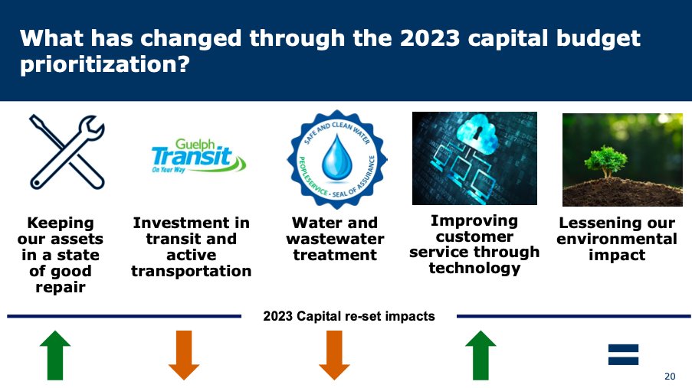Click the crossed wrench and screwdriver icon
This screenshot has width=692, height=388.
[x=67, y=152]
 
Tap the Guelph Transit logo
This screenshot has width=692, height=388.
[x=198, y=155]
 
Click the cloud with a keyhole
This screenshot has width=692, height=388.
[x=476, y=132]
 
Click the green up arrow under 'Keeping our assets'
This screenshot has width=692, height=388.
[x=55, y=355]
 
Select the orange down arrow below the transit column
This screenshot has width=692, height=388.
[x=184, y=355]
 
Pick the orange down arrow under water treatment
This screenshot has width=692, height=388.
[x=335, y=355]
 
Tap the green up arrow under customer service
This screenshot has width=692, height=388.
[x=481, y=355]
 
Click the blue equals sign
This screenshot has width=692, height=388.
[x=623, y=354]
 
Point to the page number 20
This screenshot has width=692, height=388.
[x=670, y=376]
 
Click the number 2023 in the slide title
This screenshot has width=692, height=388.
[x=430, y=38]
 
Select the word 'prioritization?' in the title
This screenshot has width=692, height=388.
[x=105, y=65]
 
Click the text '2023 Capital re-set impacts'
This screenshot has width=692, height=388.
[x=349, y=316]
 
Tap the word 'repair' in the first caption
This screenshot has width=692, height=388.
[x=61, y=288]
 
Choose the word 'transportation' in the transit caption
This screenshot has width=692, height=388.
[x=192, y=271]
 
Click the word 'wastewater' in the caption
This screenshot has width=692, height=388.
[x=335, y=239]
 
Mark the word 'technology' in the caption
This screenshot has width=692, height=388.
[x=474, y=268]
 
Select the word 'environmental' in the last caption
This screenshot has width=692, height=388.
[x=617, y=239]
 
